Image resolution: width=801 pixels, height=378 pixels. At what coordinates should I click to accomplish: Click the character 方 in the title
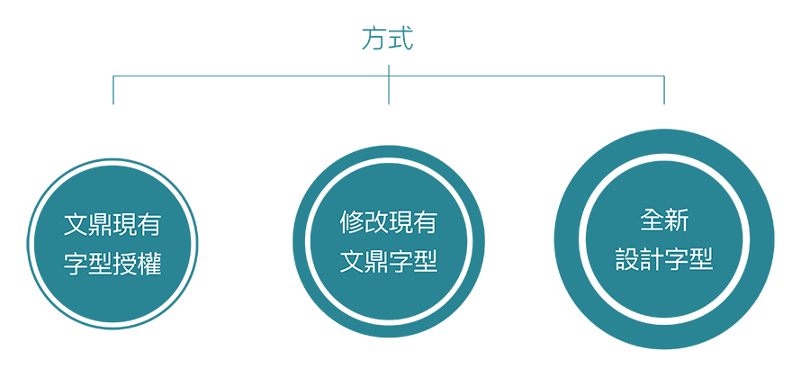(374, 39)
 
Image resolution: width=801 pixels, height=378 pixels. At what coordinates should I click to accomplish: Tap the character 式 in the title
(400, 39)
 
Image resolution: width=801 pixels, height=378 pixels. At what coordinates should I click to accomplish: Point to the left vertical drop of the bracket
(113, 90)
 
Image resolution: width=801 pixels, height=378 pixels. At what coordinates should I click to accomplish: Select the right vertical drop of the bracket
(664, 90)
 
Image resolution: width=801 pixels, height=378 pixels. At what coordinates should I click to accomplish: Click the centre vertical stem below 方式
(389, 85)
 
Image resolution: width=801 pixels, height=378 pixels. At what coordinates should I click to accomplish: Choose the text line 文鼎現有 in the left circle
(112, 225)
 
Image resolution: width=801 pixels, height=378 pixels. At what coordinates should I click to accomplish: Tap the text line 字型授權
(112, 264)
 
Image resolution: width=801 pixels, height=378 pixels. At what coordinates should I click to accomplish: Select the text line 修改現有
(389, 222)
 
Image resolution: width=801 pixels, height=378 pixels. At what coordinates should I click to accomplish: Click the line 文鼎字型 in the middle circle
(389, 262)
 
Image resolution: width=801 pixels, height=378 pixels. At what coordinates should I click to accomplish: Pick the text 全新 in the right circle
(664, 220)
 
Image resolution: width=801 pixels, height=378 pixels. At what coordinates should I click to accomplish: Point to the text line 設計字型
(664, 259)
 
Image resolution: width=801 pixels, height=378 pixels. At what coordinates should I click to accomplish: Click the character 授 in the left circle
(124, 264)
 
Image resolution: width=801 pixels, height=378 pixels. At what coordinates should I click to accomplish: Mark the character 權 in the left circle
(149, 264)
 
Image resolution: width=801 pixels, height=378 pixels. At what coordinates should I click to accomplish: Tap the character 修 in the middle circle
(353, 222)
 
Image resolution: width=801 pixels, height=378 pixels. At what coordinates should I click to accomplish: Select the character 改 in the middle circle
(376, 222)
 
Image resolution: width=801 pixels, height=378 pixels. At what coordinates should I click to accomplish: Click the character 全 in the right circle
(652, 220)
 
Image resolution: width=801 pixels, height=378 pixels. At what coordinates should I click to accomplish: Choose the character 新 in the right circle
(677, 220)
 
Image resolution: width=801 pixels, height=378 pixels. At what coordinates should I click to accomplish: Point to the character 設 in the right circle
(628, 259)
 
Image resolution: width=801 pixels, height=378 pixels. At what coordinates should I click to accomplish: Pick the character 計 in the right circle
(652, 259)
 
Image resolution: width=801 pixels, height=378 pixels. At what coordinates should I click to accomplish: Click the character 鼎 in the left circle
(100, 225)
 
